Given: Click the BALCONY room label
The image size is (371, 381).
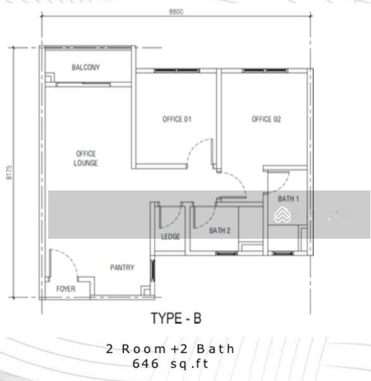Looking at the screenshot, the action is coord(86,67).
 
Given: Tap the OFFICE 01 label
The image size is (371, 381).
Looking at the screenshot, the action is coord(177,119).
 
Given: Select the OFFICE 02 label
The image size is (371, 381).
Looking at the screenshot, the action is coord(266,119).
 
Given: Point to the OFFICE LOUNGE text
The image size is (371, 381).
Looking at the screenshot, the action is coord(86,158).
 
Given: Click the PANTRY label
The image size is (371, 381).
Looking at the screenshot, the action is coord(122,267).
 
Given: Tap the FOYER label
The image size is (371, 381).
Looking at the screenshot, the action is coord(66,289).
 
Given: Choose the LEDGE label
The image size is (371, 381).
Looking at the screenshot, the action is coord(171,236).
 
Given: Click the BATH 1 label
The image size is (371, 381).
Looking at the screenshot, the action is coord(289,199).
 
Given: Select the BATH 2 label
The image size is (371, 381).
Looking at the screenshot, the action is coord(220,231).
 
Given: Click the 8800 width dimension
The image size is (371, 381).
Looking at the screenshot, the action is coord(176,11).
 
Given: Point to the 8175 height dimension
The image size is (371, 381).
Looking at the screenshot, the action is coord(10,173).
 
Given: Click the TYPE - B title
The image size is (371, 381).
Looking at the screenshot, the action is coord(176,318).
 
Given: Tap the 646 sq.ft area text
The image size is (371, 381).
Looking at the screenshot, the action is coord(171,364).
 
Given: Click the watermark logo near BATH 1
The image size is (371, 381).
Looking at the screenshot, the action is coord(282,215).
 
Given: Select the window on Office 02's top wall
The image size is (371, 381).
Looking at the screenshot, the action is coord(265,70).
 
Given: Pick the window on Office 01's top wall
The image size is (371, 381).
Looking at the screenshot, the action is coord(177,70).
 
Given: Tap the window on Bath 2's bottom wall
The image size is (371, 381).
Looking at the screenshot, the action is coord(226,253).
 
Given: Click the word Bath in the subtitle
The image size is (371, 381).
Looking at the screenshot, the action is coord(216,349).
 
